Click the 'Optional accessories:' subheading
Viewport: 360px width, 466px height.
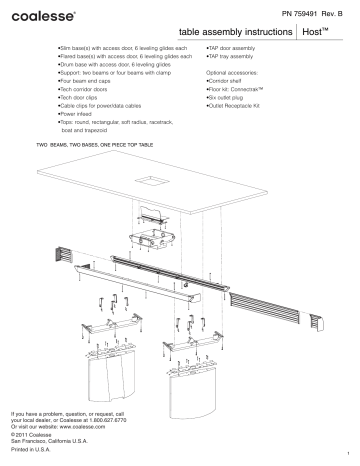click(x=236, y=74)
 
